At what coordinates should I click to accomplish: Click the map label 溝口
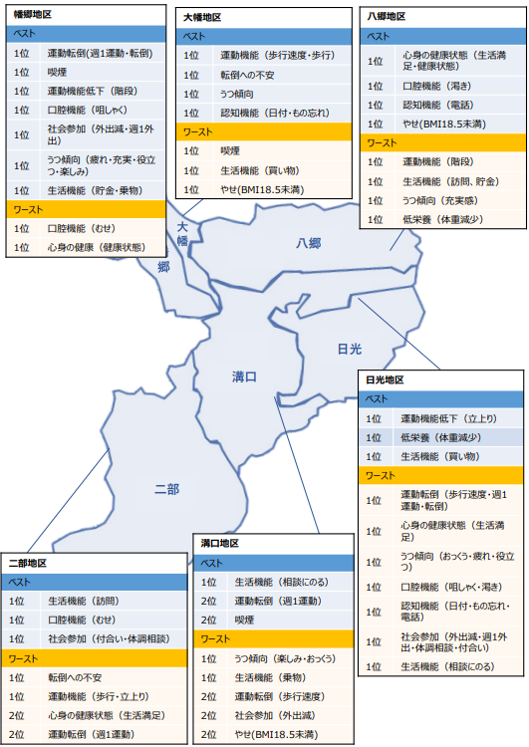pyautogui.click(x=244, y=376)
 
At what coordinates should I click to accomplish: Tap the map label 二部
pyautogui.click(x=167, y=489)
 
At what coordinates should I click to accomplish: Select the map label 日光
pyautogui.click(x=350, y=349)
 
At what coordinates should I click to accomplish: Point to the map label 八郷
pyautogui.click(x=308, y=244)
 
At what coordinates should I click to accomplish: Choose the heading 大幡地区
pyautogui.click(x=202, y=18)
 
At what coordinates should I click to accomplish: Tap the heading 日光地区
pyautogui.click(x=386, y=380)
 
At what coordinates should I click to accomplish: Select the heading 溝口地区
pyautogui.click(x=220, y=544)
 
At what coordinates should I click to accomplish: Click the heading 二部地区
pyautogui.click(x=29, y=563)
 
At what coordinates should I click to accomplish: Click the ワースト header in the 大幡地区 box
pyautogui.click(x=198, y=131)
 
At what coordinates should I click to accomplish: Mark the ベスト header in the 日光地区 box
pyautogui.click(x=378, y=398)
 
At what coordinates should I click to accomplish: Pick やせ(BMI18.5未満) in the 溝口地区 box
pyautogui.click(x=275, y=734)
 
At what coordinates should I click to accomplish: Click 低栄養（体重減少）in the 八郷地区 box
pyautogui.click(x=444, y=218)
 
